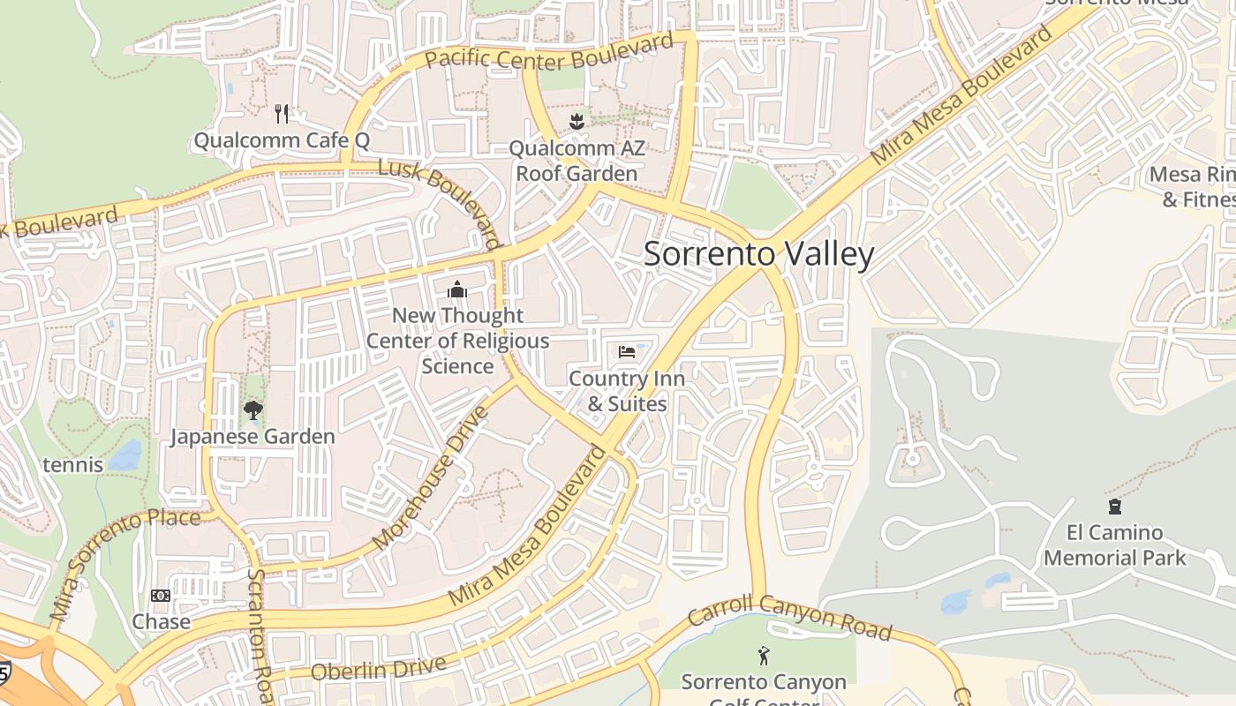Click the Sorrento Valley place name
(x=758, y=254)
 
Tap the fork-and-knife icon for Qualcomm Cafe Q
(x=282, y=114)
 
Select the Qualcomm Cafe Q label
(x=282, y=140)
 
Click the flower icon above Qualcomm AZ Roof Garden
(x=577, y=121)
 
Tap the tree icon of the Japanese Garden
(x=252, y=410)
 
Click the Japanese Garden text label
(x=252, y=437)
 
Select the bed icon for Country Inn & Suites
(x=627, y=352)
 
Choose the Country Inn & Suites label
(x=627, y=391)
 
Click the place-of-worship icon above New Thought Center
(x=457, y=289)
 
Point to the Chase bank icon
(x=161, y=597)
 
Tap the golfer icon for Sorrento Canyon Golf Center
(x=764, y=656)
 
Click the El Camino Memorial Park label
(x=1115, y=545)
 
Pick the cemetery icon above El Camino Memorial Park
(x=1115, y=507)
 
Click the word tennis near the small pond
(x=72, y=464)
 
